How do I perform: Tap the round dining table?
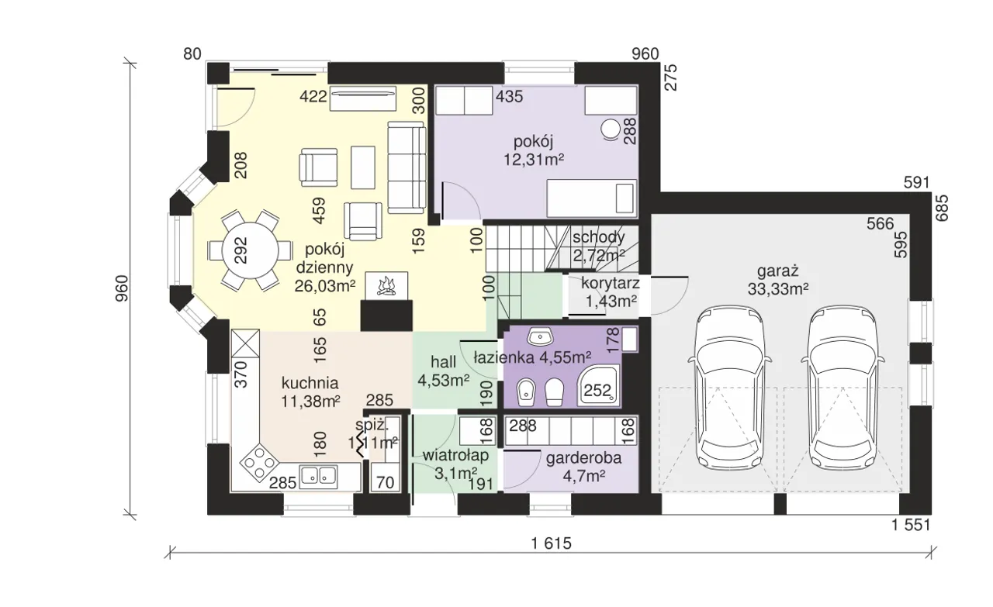251,250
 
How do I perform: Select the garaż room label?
777,271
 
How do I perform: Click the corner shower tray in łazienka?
598,386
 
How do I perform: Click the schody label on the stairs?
598,237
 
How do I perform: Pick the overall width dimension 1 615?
552,543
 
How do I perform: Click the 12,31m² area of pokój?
534,159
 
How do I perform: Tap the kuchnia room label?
310,382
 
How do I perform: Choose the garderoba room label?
584,458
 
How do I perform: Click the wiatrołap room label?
455,455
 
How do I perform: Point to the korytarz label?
611,283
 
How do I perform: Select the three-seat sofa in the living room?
406,167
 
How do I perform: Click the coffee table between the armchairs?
363,168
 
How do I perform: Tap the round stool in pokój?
611,129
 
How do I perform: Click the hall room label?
443,362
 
